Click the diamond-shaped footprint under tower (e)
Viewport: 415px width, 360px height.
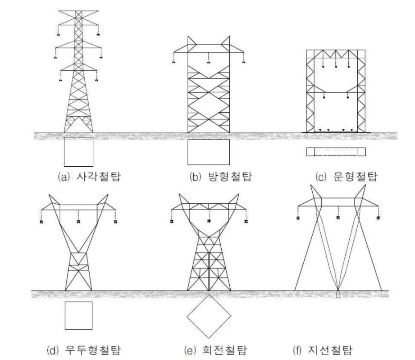point(209,316)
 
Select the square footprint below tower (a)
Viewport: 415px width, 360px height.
point(79,152)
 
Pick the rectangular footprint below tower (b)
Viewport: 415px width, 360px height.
point(209,152)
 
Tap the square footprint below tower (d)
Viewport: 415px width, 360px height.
point(79,315)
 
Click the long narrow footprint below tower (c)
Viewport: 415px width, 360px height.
point(336,152)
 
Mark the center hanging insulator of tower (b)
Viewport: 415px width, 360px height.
point(209,63)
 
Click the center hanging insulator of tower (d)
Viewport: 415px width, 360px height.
point(79,222)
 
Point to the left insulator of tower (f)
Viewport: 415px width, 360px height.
point(297,218)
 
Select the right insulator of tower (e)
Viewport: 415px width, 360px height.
point(246,221)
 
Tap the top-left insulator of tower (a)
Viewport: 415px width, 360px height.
point(58,35)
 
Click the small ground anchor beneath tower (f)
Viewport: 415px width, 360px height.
point(338,295)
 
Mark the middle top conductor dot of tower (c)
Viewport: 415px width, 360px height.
point(336,66)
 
